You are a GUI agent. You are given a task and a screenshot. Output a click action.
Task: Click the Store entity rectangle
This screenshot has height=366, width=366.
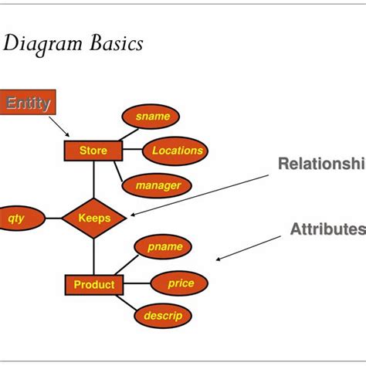point(93,150)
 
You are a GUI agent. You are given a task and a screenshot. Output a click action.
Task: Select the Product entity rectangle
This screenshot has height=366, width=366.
point(93,285)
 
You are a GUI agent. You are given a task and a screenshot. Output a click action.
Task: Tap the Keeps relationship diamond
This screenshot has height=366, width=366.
point(93,218)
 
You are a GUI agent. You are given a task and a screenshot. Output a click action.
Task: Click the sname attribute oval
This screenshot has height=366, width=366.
point(151,117)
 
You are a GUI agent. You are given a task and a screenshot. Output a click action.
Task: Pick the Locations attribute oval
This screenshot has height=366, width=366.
point(176,151)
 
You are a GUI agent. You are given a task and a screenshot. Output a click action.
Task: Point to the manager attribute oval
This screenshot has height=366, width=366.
point(158,185)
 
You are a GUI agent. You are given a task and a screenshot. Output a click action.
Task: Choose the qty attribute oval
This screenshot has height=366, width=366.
point(16,218)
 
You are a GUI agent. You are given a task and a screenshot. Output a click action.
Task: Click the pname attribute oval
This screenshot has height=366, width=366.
point(164,247)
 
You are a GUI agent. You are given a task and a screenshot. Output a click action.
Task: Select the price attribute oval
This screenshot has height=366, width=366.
point(181,283)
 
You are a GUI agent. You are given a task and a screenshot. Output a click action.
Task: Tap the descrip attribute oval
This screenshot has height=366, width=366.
point(162,315)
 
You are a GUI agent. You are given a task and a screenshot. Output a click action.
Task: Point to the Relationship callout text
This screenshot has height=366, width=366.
point(321,164)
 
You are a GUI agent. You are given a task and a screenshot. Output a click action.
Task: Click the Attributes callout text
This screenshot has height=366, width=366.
point(327,229)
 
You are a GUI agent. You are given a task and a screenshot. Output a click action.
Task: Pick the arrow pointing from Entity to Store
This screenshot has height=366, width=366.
point(60,125)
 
